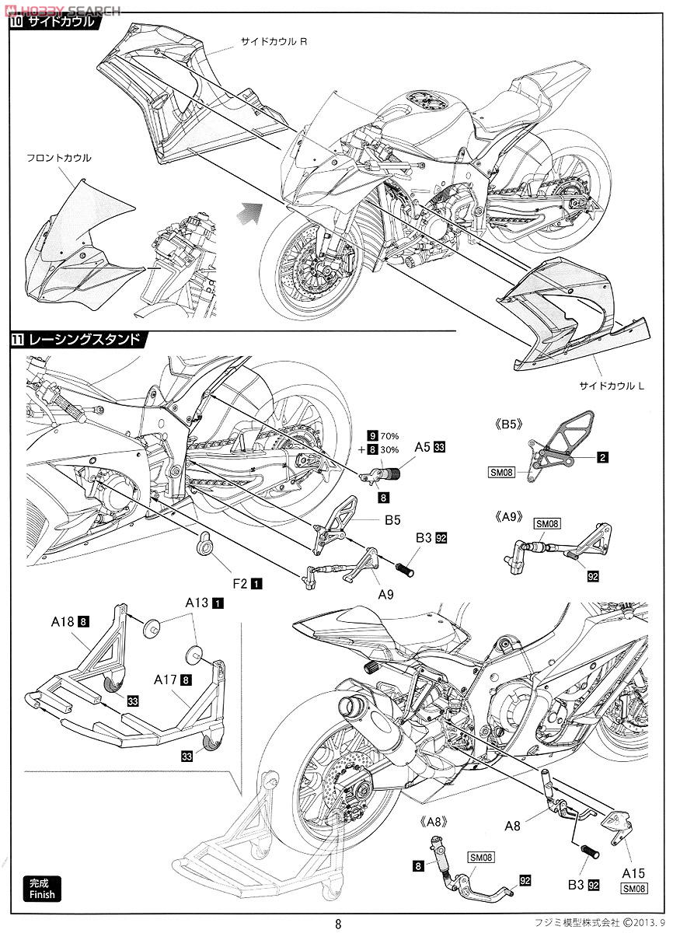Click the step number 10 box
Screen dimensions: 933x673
(x=16, y=23)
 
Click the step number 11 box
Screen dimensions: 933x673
(x=16, y=339)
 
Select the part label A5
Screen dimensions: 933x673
(x=424, y=447)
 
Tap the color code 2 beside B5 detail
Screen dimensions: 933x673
(x=603, y=458)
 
